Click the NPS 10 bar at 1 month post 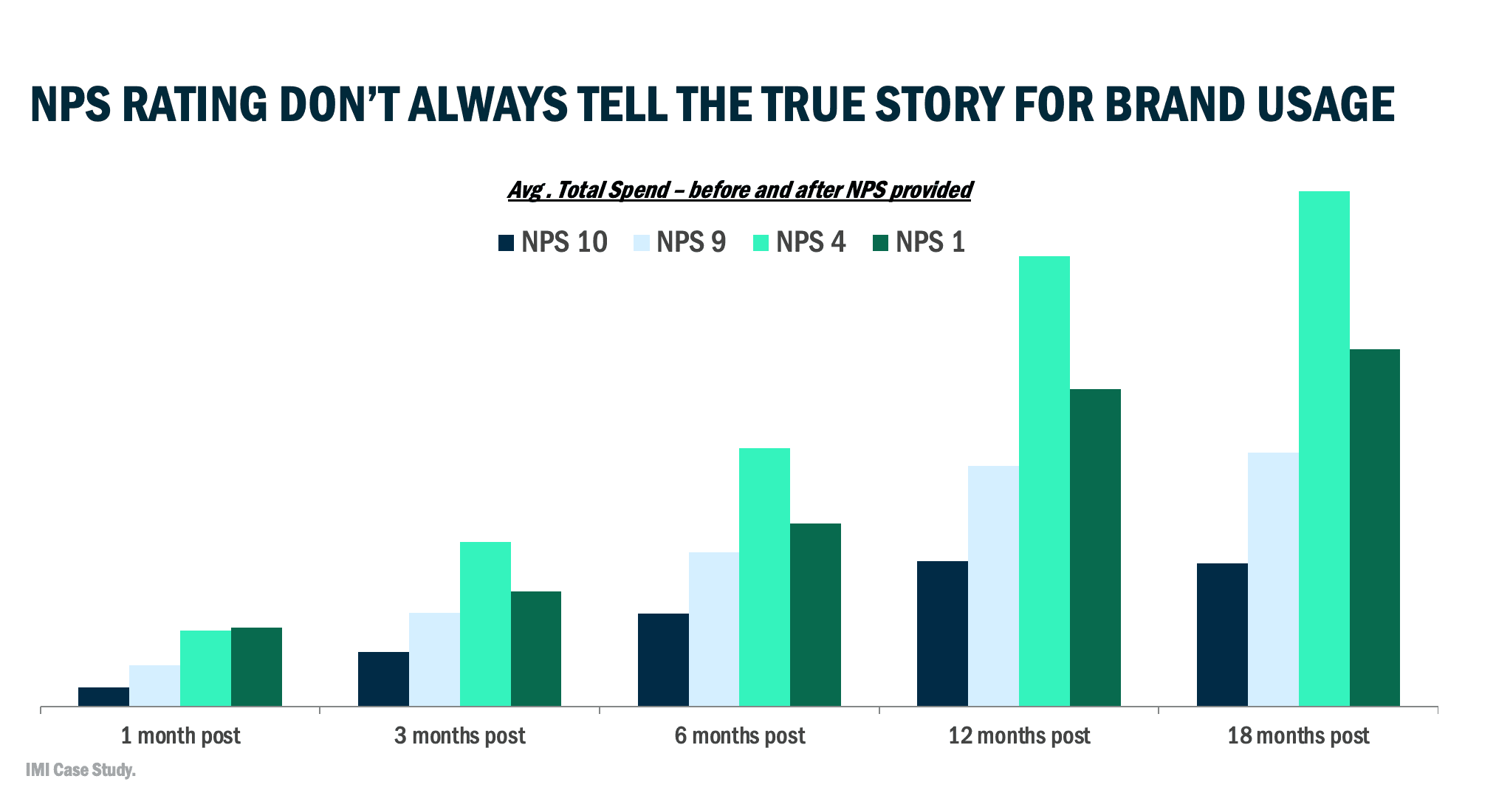(x=103, y=696)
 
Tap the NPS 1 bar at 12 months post (x=1095, y=547)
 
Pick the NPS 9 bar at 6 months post (x=714, y=628)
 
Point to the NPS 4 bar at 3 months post (x=485, y=623)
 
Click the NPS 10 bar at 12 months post (x=942, y=633)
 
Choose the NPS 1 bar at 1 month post (x=256, y=666)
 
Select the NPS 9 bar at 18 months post (x=1273, y=579)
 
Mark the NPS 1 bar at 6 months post (x=815, y=614)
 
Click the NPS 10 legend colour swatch (x=506, y=243)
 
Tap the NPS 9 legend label (x=691, y=243)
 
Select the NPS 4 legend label (x=811, y=243)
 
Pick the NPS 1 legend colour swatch (x=880, y=243)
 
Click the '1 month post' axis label (x=181, y=736)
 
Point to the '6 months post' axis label (x=740, y=736)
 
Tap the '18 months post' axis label (x=1298, y=736)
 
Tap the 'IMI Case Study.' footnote (x=80, y=770)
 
